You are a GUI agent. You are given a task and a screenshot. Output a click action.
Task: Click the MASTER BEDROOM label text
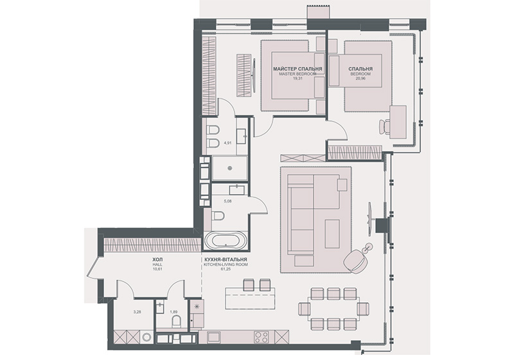point(297,74)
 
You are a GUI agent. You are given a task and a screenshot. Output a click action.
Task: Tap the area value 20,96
point(360,79)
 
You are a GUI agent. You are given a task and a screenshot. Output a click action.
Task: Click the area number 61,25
point(226,269)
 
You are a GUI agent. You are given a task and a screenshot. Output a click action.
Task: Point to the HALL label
point(157,264)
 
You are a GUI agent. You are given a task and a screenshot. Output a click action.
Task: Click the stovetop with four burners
point(261,337)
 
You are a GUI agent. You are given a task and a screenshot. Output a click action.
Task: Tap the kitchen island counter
point(250,298)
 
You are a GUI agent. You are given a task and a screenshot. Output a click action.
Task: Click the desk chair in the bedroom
point(385,127)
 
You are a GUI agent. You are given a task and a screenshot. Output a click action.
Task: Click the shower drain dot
point(230,168)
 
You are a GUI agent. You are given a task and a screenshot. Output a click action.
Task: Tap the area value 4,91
point(227,143)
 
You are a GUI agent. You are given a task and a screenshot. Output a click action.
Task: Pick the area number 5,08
point(227,201)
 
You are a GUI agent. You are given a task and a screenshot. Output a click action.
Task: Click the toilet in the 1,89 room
point(176,321)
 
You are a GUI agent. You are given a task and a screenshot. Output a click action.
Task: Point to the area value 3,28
point(137,312)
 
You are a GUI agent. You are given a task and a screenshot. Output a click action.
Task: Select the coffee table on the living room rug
point(332,234)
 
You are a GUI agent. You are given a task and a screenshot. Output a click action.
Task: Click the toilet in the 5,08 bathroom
point(218,216)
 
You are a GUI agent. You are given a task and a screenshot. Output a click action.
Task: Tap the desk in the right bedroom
point(398,122)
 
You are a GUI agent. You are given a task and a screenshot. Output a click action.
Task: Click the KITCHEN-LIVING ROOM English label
point(226,264)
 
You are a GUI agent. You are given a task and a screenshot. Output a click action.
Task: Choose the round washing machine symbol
point(146,337)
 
